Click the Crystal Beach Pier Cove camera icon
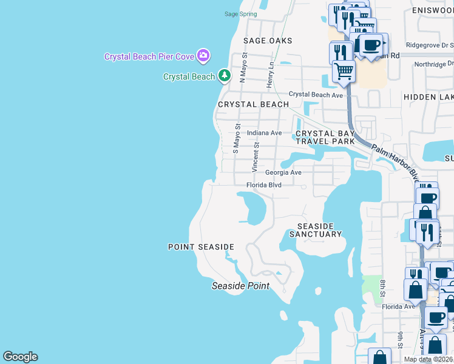[203, 56]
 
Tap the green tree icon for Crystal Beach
[225, 76]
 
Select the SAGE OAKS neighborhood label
[268, 41]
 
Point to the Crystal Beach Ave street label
[316, 94]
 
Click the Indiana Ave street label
[264, 133]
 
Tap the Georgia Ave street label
[283, 172]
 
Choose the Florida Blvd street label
[264, 184]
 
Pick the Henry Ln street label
[271, 75]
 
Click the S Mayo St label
[237, 139]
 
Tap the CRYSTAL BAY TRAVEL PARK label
[325, 137]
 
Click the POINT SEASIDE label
[201, 247]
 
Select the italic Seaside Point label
[240, 286]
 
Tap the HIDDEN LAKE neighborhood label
[428, 97]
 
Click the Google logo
[20, 357]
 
